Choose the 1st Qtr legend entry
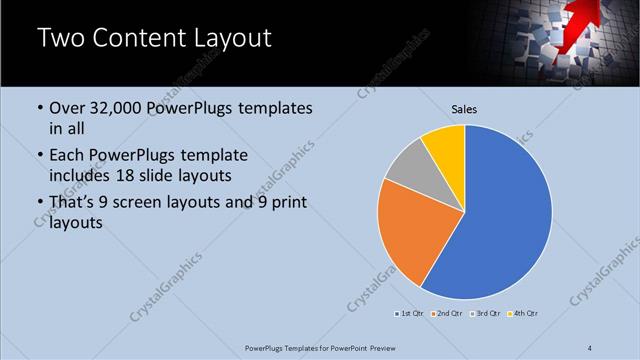click(410, 314)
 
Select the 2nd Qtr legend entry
click(446, 314)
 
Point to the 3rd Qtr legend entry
click(483, 314)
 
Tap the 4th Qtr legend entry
click(523, 314)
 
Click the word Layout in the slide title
click(229, 39)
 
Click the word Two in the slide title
click(61, 39)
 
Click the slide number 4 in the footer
click(590, 348)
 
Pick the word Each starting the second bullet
click(67, 156)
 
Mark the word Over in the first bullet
click(68, 108)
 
